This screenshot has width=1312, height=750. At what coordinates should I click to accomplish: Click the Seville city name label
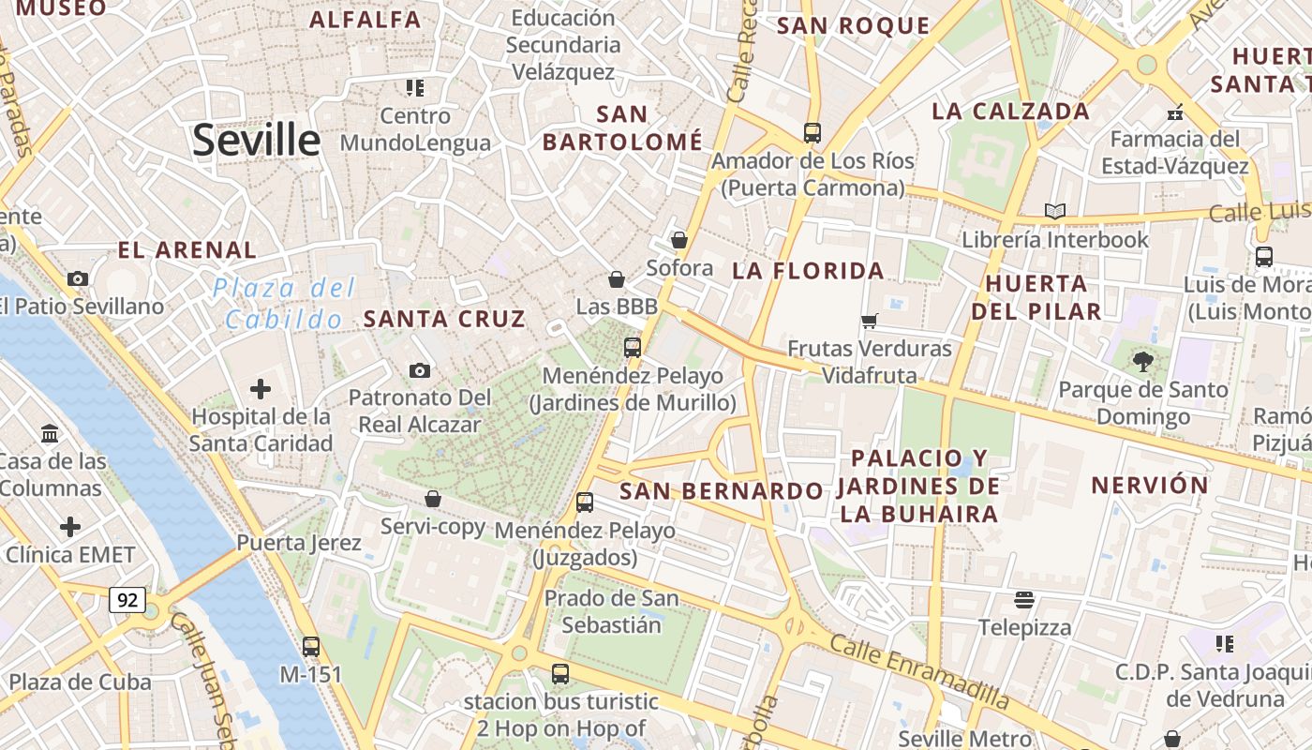[256, 140]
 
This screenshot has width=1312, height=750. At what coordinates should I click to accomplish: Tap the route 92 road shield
[127, 599]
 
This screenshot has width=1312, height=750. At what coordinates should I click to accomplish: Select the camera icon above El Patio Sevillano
[78, 278]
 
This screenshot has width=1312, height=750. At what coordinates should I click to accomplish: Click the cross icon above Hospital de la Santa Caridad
[261, 388]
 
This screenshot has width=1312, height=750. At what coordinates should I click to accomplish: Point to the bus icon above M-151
[311, 646]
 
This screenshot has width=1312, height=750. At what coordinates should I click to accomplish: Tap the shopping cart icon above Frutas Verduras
[870, 321]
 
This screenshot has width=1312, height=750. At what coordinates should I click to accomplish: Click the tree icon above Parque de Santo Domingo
[1142, 361]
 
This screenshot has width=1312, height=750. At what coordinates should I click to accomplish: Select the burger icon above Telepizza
[1024, 599]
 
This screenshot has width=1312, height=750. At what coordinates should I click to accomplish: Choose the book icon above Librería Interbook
[1055, 211]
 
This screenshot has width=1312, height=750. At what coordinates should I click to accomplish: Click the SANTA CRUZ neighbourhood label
[443, 319]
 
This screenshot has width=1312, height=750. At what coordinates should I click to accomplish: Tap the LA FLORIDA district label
[808, 271]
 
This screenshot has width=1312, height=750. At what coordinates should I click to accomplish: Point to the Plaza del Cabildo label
[284, 303]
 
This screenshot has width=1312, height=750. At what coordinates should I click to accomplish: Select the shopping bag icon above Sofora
[679, 240]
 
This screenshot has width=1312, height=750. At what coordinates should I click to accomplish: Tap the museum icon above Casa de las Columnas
[51, 433]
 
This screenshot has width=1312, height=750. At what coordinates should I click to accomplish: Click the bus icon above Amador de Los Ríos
[812, 133]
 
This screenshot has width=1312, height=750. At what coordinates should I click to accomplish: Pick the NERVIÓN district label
[1150, 485]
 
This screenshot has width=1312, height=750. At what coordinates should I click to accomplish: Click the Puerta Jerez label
[298, 543]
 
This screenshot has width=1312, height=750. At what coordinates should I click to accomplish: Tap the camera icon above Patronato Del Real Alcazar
[420, 370]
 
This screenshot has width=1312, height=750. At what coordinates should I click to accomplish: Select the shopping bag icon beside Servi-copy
[433, 499]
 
